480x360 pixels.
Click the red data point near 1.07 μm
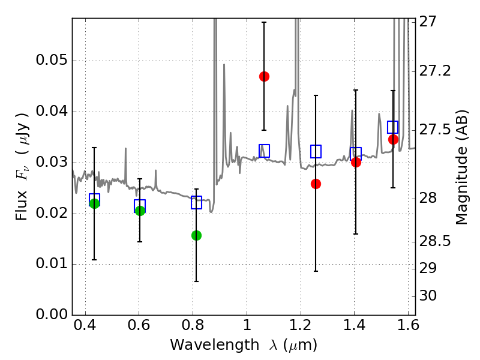point(264,76)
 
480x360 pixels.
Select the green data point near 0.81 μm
point(196,235)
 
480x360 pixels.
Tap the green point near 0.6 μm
point(140,211)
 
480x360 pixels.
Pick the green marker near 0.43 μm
point(94,203)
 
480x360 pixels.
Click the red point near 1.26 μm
point(316,184)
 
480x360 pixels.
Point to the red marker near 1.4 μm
point(356,162)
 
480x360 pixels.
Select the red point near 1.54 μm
point(393,139)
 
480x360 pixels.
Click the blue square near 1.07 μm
point(264,151)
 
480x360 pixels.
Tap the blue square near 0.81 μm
point(196,202)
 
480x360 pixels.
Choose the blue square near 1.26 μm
point(316,151)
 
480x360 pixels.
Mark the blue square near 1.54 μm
point(393,127)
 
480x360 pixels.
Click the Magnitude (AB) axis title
point(461,167)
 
